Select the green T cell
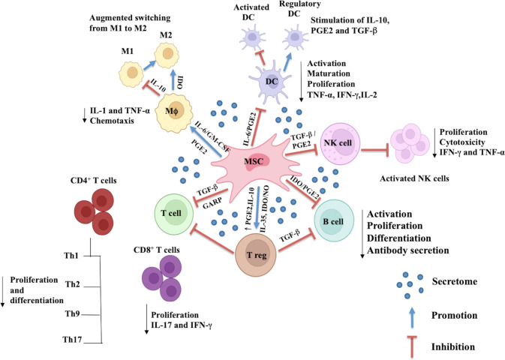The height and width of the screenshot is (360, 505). tap(174, 213)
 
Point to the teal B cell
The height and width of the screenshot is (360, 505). tap(334, 220)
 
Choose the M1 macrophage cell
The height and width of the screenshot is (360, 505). tap(131, 73)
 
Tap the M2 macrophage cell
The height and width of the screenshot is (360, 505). tap(167, 55)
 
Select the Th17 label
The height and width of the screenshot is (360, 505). tap(72, 340)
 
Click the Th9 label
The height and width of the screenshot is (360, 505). tap(73, 313)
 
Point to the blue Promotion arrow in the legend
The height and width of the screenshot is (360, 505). tap(412, 317)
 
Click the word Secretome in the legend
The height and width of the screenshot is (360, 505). tap(455, 282)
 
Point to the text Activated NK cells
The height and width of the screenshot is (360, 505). tap(414, 178)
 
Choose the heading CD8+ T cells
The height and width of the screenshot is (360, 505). tap(157, 250)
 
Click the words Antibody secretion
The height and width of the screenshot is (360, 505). tap(407, 250)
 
